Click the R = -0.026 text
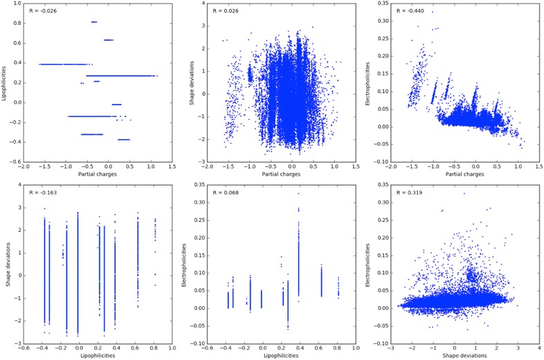point(43,11)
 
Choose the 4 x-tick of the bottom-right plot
point(536,349)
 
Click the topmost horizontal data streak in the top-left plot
point(94,22)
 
